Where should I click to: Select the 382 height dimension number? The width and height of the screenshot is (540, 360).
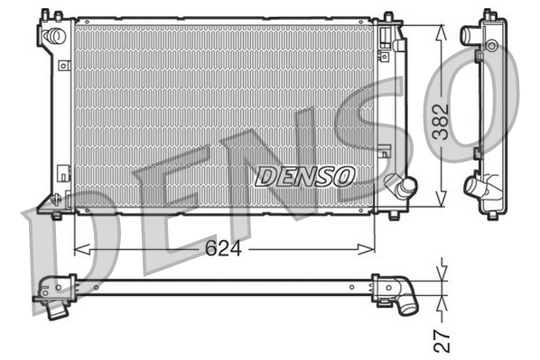(440, 116)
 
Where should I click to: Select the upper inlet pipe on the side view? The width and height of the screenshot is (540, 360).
(470, 35)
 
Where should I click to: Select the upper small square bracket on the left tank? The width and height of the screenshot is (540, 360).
(62, 66)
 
